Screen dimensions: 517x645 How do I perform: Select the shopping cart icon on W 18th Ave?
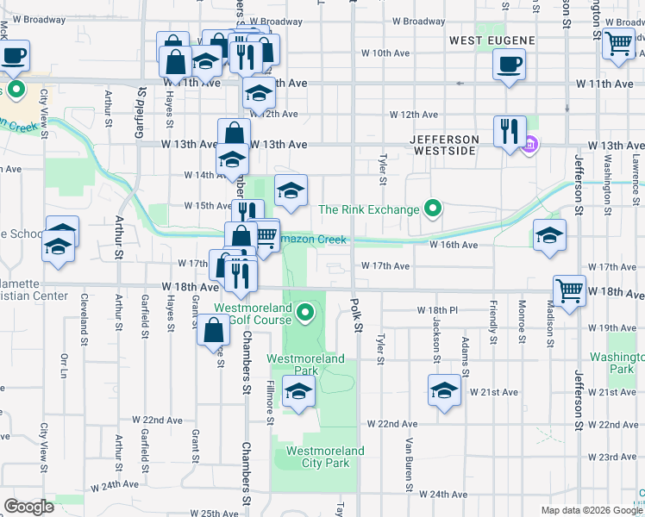point(569,291)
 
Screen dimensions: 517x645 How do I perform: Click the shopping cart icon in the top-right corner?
point(619,43)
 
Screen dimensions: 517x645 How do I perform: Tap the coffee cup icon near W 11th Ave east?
point(509,63)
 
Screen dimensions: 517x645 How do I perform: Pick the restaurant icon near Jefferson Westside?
point(510,132)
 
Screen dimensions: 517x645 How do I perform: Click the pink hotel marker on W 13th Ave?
point(530,144)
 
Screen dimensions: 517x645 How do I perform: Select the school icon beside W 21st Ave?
point(444,390)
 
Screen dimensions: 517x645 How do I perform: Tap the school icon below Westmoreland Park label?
point(298,393)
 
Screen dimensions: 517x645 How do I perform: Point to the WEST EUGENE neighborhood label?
point(492,40)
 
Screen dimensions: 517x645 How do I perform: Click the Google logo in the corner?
point(28,507)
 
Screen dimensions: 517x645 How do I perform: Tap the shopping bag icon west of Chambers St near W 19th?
point(213,330)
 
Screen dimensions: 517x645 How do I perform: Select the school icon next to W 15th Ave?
point(291,191)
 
